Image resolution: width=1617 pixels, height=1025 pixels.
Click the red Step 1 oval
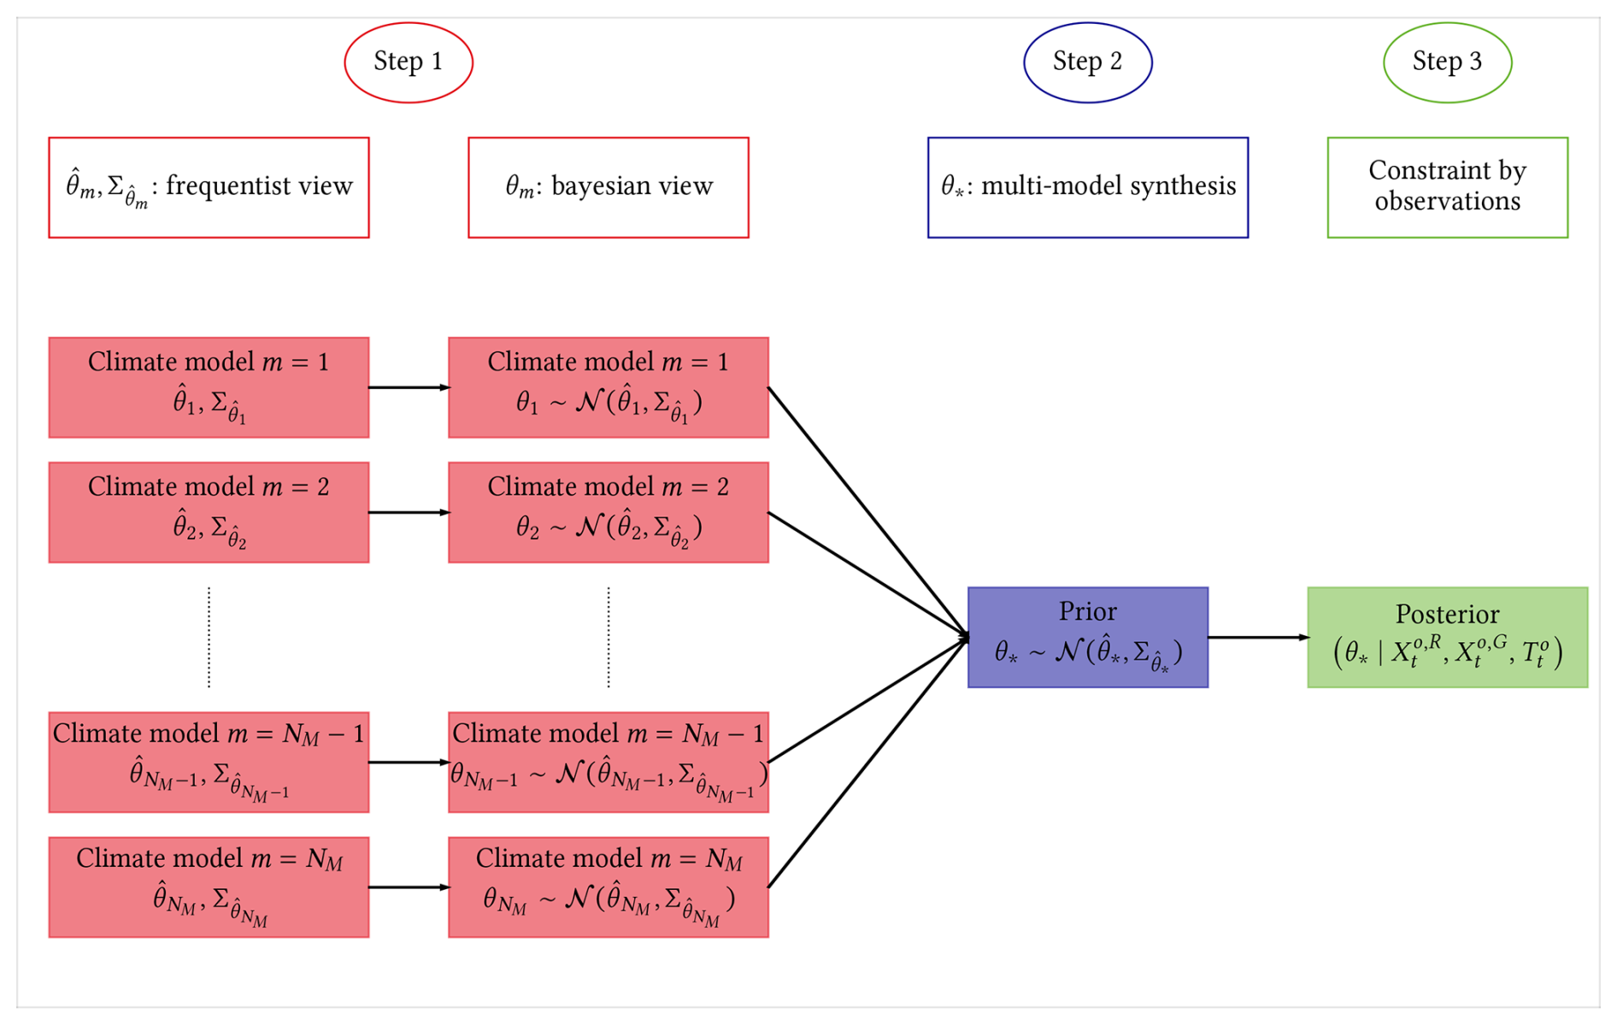coord(409,62)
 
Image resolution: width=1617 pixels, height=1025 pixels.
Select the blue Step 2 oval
coord(1087,62)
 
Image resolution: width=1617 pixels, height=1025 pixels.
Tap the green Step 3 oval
coord(1447,62)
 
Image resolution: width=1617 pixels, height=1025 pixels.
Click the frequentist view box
coord(209,187)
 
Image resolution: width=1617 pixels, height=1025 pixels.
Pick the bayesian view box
coord(608,187)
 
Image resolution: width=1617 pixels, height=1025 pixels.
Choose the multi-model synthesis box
coord(1087,187)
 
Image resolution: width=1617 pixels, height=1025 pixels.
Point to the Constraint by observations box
coord(1447,187)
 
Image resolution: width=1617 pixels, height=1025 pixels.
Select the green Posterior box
coord(1447,638)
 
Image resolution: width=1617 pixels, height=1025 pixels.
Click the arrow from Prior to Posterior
coord(1257,638)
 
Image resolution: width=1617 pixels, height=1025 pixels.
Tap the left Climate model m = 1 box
coord(209,387)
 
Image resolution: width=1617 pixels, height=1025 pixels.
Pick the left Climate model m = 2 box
coord(209,512)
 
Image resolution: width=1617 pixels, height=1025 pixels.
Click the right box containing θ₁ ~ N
coord(608,387)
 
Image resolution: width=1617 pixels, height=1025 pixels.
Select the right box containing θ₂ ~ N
coord(608,512)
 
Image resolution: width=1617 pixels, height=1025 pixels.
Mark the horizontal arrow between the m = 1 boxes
coord(409,387)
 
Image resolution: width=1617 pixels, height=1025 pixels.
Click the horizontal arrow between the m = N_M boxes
coord(409,887)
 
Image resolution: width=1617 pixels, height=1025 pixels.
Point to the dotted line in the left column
coord(209,637)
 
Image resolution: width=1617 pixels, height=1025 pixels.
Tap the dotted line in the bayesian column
coord(609,637)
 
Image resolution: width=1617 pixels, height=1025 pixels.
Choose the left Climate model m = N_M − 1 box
coord(209,762)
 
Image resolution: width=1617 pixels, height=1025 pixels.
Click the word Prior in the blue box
coord(1087,611)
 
